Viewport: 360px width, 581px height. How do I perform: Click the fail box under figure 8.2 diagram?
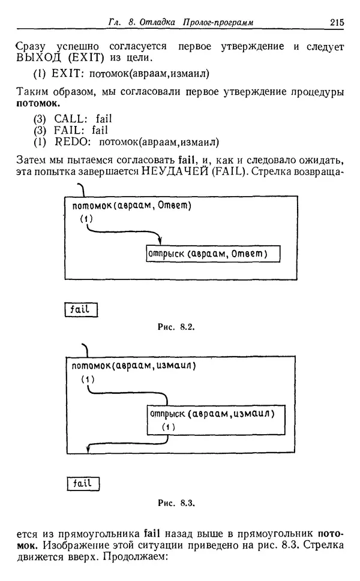pyautogui.click(x=80, y=309)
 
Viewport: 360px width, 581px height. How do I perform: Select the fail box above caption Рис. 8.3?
pyautogui.click(x=82, y=483)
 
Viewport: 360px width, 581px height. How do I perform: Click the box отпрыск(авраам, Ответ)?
pyautogui.click(x=207, y=254)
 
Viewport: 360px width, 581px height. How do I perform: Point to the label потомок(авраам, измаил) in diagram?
pyautogui.click(x=134, y=366)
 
